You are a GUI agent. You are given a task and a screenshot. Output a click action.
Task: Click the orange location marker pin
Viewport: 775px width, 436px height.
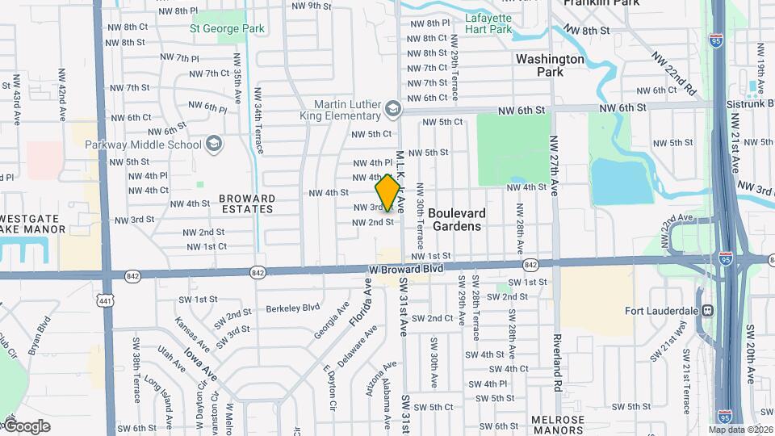[x=387, y=191]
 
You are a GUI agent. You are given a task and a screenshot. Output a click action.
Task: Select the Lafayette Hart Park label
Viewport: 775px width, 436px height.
[x=488, y=23]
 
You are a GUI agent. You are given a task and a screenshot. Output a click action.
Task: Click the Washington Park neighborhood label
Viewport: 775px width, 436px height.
[x=550, y=65]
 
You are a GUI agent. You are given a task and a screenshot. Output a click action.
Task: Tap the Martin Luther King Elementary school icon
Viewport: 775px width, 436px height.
[x=392, y=108]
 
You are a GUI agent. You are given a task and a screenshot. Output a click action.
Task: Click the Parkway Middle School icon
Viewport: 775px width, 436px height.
[x=214, y=145]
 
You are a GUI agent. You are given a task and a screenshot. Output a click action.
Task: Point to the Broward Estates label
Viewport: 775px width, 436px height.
[x=247, y=203]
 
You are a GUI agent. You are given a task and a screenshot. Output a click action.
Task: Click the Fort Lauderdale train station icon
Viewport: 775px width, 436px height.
[x=707, y=310]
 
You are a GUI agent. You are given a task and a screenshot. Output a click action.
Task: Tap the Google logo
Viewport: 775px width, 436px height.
[x=26, y=426]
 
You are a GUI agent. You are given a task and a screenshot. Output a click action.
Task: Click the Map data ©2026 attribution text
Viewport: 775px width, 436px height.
[x=740, y=430]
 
